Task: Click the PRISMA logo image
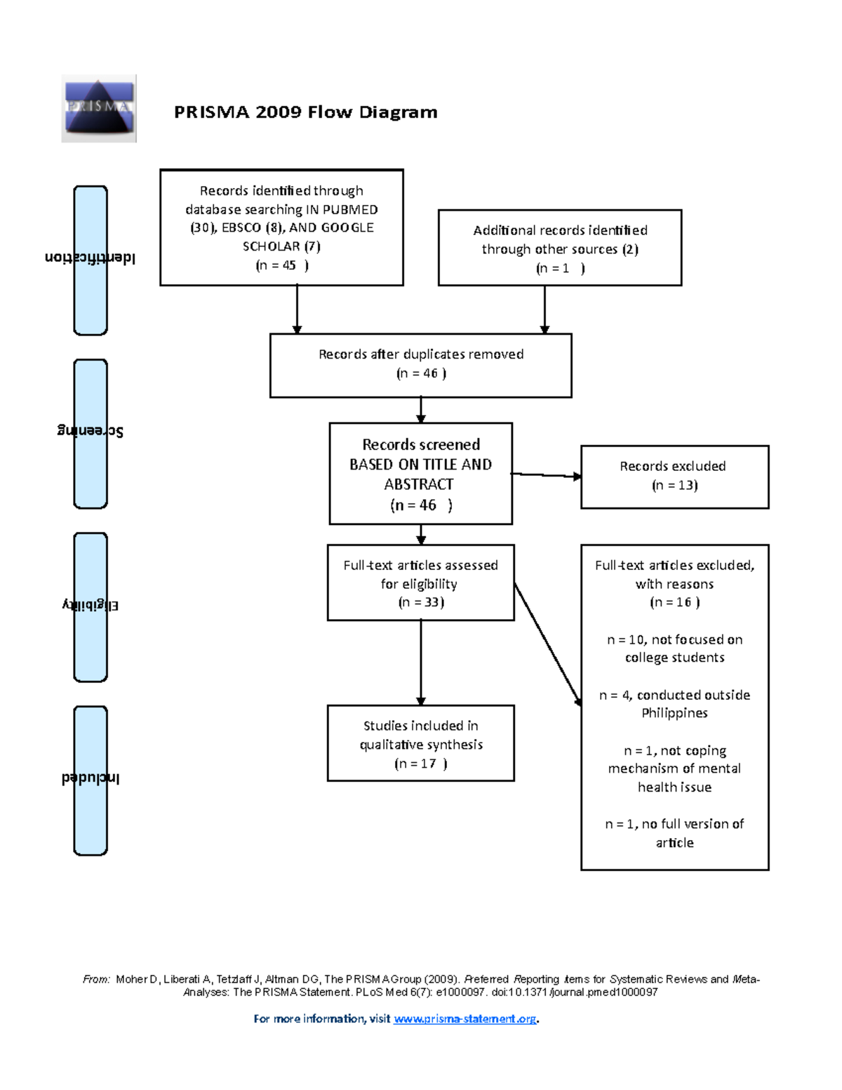[98, 108]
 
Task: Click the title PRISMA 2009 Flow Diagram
[305, 112]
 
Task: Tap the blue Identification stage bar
[91, 260]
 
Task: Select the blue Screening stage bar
[91, 434]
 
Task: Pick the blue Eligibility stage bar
[91, 607]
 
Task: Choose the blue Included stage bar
[91, 780]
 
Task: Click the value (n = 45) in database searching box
[281, 265]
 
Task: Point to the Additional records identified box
[559, 248]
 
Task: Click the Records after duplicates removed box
[420, 365]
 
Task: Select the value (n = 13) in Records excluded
[674, 485]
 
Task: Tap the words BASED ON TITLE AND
[420, 465]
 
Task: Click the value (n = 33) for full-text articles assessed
[420, 602]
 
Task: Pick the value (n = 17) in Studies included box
[420, 764]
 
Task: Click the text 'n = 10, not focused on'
[674, 639]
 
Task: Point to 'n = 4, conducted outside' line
[674, 695]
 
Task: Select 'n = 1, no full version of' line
[674, 824]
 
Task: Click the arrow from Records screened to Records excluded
[546, 475]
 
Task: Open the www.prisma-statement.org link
[465, 1019]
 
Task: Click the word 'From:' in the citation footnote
[96, 979]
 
